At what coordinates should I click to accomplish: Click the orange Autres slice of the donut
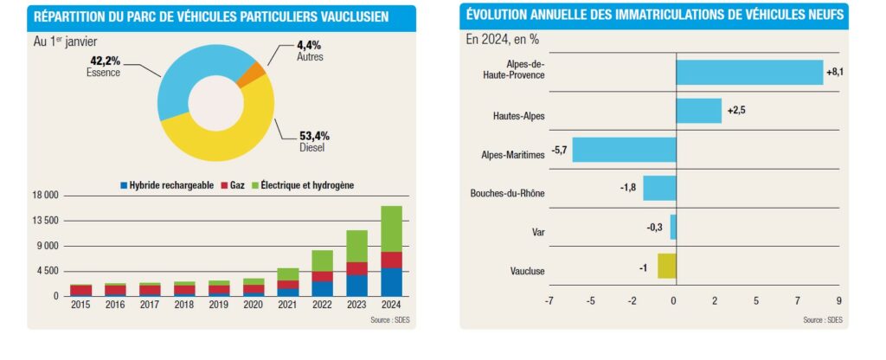pyautogui.click(x=254, y=74)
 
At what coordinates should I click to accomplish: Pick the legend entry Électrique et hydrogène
pyautogui.click(x=307, y=185)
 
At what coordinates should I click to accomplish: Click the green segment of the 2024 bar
pyautogui.click(x=392, y=228)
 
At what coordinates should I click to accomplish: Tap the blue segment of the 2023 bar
pyautogui.click(x=356, y=285)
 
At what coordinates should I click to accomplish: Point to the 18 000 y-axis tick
pyautogui.click(x=43, y=196)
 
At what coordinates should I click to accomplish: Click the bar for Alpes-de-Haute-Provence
pyautogui.click(x=749, y=72)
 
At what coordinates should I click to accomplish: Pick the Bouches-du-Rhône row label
pyautogui.click(x=507, y=192)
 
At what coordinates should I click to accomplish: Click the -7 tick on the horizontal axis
pyautogui.click(x=549, y=301)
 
